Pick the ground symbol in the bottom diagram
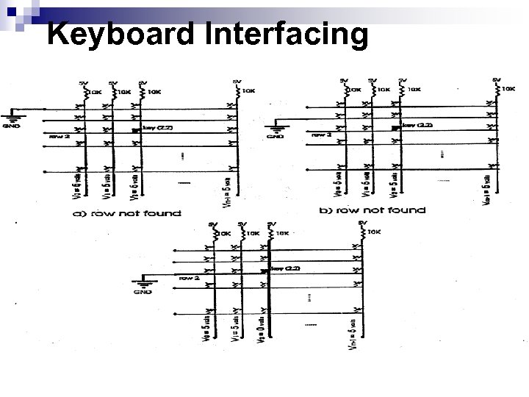[142, 285]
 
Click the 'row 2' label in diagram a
[58, 136]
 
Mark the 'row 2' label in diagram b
[322, 135]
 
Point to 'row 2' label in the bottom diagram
[190, 278]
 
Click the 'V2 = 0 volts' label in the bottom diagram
[262, 332]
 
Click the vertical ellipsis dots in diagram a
[181, 157]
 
